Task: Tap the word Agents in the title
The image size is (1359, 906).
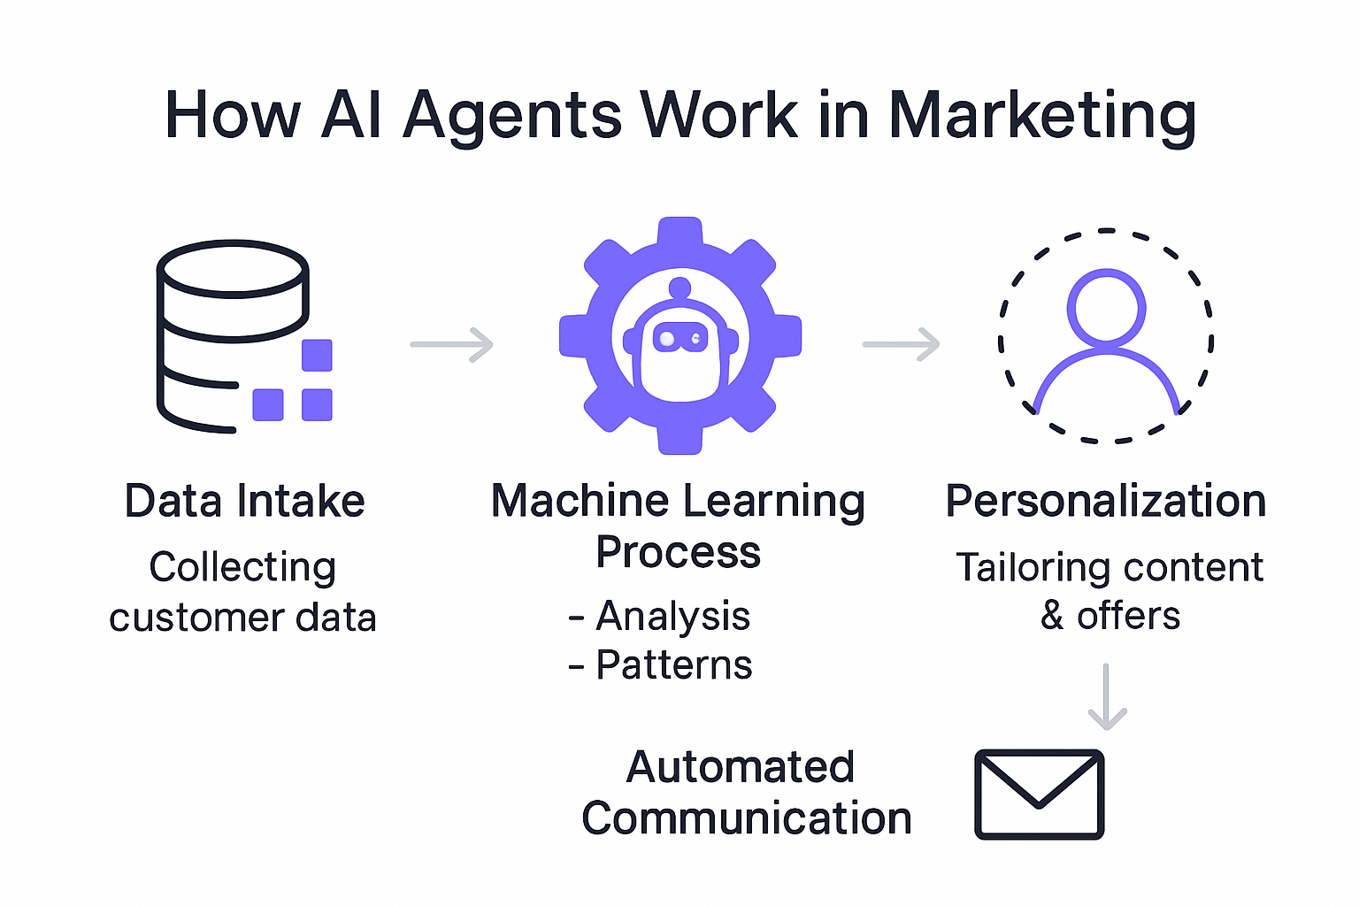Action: [512, 116]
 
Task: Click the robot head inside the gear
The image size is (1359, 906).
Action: [679, 341]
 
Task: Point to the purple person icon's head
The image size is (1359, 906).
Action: [1106, 307]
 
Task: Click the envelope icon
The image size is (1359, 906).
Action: [1039, 794]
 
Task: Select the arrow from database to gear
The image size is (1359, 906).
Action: [452, 344]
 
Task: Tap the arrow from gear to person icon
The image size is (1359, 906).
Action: [902, 344]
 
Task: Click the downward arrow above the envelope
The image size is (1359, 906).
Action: [1106, 696]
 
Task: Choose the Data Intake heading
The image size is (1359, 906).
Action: [245, 501]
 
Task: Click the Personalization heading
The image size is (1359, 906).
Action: [1106, 501]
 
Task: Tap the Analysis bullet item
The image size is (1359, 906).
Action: [672, 616]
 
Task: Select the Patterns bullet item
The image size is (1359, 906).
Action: [673, 664]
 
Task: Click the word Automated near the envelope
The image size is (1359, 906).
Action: [741, 767]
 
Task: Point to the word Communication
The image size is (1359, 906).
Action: [747, 818]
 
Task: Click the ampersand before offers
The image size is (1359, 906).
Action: [1052, 616]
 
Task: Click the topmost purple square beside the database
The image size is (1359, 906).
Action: [317, 356]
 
